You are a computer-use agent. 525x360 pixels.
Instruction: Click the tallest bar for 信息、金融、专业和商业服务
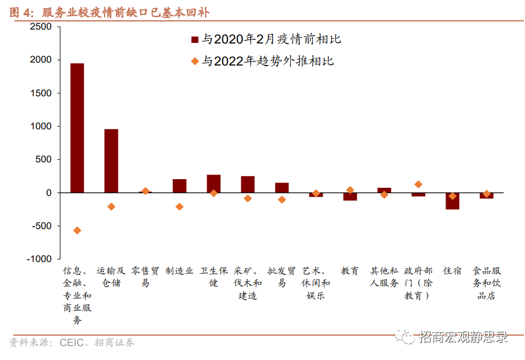[x=77, y=128]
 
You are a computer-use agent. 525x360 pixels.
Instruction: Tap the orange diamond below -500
[x=77, y=231]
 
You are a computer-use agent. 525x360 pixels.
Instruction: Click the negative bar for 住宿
[x=452, y=201]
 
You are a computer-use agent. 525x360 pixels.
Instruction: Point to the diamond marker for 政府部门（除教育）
[x=418, y=184]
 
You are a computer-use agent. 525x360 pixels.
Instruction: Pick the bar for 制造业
[x=179, y=186]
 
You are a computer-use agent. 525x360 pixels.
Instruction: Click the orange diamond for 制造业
[x=179, y=206]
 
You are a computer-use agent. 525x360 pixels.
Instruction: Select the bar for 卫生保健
[x=213, y=183]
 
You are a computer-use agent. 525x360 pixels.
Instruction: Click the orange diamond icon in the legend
[x=194, y=61]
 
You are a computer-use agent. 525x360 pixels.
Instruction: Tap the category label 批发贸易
[x=282, y=277]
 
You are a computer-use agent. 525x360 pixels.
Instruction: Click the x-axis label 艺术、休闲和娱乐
[x=316, y=283]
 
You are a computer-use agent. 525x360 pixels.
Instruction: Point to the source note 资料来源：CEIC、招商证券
[x=72, y=343]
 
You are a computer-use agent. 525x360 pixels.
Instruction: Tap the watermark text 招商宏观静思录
[x=461, y=337]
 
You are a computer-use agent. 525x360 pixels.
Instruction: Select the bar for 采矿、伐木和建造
[x=248, y=184]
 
